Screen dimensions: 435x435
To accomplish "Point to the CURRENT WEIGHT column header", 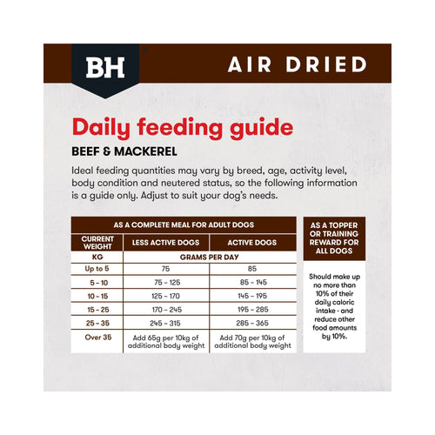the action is coord(97,243).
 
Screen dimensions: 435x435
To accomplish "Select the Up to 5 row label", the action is coord(97,269).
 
